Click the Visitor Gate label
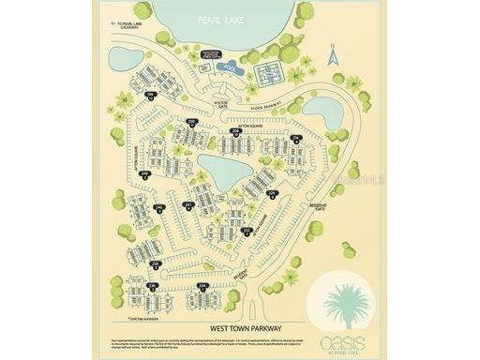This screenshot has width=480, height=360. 223,103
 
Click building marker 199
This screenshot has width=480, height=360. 150,95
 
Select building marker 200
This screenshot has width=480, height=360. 192,122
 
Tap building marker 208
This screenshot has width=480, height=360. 235,131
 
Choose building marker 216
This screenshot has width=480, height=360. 295,139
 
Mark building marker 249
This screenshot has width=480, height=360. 144,174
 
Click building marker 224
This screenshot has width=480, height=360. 271,194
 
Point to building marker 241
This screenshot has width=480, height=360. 188,205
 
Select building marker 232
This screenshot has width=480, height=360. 247,230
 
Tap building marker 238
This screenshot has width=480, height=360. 155,265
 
